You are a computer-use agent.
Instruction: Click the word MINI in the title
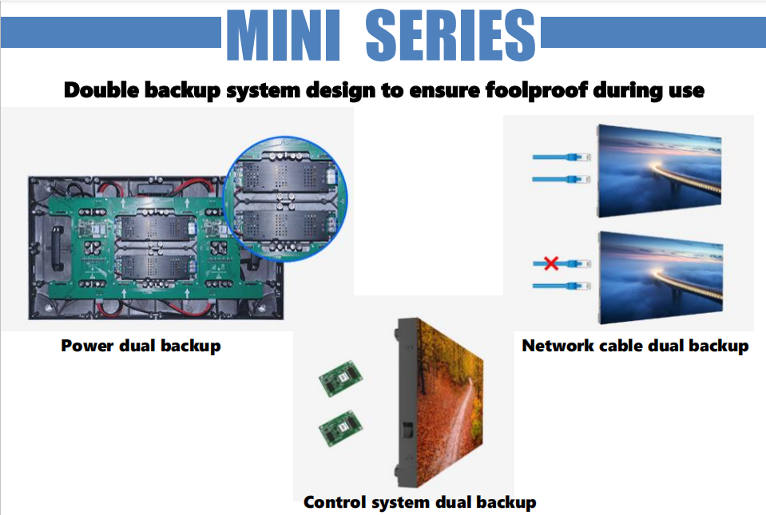tap(284, 35)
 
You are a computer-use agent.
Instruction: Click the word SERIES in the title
tap(450, 35)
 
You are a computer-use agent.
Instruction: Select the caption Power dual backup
tap(141, 346)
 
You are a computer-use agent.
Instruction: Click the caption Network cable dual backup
tap(635, 346)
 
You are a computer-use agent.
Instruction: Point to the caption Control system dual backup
tap(419, 502)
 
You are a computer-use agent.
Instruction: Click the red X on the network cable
tap(551, 263)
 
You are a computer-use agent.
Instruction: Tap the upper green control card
tap(341, 378)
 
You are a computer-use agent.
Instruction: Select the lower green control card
tap(341, 428)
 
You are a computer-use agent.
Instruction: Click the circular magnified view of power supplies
tap(285, 199)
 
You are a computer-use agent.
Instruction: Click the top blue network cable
tap(562, 157)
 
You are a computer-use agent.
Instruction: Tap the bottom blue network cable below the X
tap(562, 286)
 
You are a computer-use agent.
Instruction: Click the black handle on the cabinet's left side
tap(58, 248)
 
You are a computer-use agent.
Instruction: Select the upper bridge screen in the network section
tap(660, 170)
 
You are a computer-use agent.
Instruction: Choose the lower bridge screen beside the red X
tap(661, 277)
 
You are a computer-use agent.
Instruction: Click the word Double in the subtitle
tap(101, 90)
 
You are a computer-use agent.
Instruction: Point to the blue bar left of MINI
tap(111, 33)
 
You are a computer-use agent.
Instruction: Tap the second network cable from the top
tap(562, 180)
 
